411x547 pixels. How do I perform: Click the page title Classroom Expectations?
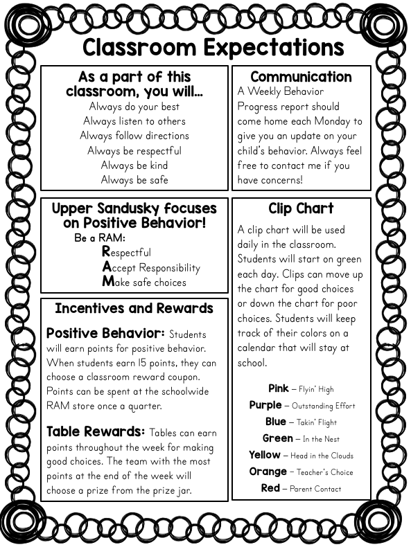pos(213,47)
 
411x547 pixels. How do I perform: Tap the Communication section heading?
pos(301,77)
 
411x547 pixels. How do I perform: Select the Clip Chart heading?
pos(301,208)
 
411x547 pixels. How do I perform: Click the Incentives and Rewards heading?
pos(134,309)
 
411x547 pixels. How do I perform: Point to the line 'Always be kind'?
pos(134,165)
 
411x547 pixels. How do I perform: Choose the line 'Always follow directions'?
pos(134,136)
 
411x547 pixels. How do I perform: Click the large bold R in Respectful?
pos(106,252)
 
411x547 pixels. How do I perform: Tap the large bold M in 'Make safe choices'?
pos(107,281)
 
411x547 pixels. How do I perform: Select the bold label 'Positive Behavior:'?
pos(105,334)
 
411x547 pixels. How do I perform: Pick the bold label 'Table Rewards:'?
pos(96,432)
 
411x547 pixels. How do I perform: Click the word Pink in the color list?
pos(278,388)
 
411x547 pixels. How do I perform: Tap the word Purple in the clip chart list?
pos(265,405)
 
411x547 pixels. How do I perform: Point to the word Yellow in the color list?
pos(265,455)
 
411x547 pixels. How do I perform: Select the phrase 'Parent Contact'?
pos(315,489)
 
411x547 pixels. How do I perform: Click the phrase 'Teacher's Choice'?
pos(322,472)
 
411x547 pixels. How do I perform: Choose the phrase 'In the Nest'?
pos(321,439)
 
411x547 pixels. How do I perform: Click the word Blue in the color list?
pos(275,422)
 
